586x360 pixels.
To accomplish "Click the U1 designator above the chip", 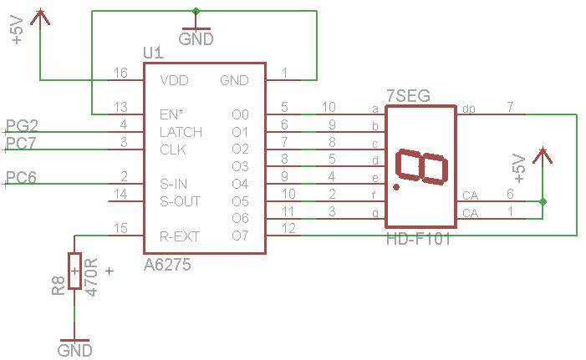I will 153,53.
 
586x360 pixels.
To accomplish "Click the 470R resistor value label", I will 93,275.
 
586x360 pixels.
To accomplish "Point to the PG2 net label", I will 23,126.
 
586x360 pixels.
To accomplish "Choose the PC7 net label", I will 23,143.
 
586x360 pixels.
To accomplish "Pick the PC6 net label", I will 23,177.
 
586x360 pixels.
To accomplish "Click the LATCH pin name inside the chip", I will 181,132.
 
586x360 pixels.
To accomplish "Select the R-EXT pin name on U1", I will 180,236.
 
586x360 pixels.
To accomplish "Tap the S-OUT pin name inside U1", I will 180,201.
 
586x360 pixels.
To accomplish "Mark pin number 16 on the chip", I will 121,74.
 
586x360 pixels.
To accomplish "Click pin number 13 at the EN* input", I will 121,106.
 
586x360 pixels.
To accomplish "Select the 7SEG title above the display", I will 409,96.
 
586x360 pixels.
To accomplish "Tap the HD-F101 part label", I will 419,241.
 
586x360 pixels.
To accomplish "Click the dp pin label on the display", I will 469,109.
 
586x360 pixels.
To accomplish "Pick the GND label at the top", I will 196,39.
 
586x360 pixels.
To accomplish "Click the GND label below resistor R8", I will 74,351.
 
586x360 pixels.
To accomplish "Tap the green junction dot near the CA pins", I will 543,201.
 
